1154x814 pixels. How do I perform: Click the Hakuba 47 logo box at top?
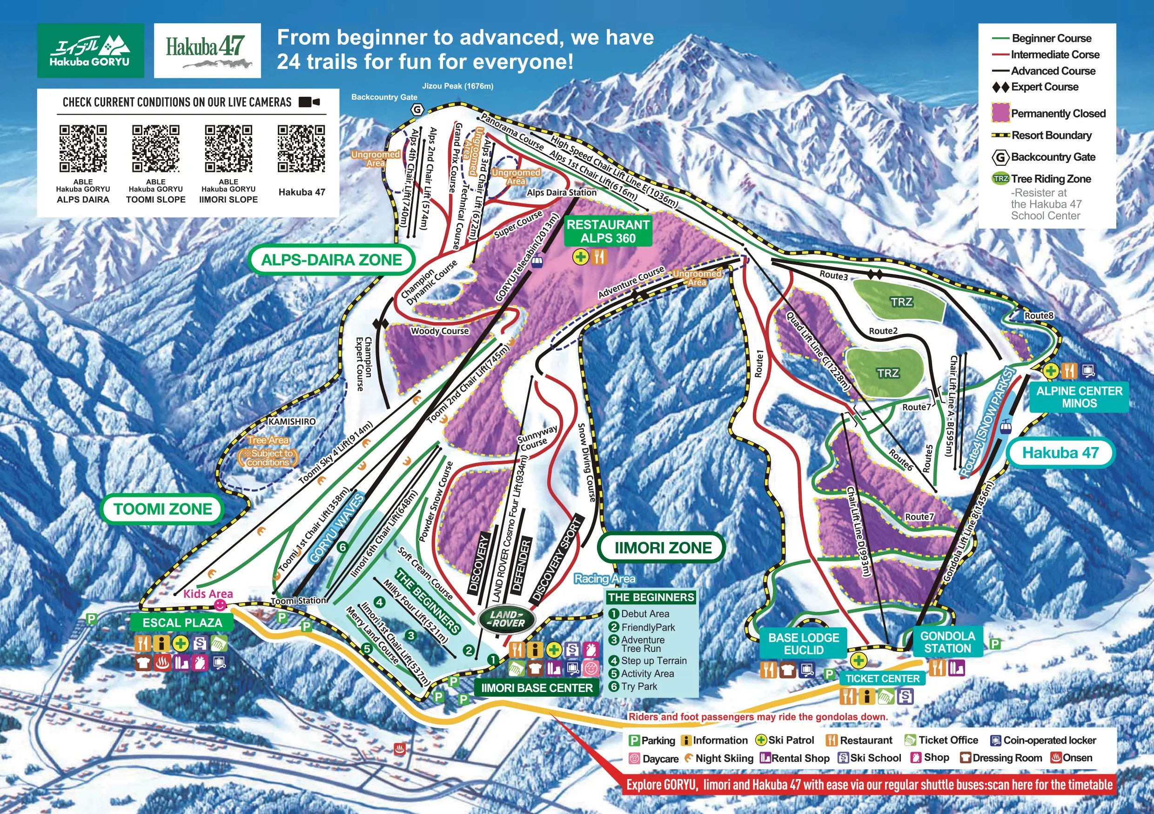[x=207, y=50]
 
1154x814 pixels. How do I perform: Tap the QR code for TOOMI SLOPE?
[x=155, y=149]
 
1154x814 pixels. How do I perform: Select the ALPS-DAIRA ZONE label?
[x=331, y=260]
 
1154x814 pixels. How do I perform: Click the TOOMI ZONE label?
[x=162, y=509]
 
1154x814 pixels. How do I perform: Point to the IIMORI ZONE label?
[x=663, y=547]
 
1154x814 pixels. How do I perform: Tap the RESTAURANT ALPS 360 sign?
[x=608, y=231]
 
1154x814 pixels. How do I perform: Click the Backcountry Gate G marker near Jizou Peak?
[x=417, y=110]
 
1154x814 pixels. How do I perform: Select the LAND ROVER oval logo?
[x=507, y=619]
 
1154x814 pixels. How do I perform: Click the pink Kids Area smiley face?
[x=220, y=605]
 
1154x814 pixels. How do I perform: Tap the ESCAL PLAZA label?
[x=182, y=622]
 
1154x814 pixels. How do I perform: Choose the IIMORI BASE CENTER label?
[x=537, y=688]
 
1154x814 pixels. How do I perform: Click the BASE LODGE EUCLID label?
[x=803, y=644]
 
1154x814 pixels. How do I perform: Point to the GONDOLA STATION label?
[x=947, y=642]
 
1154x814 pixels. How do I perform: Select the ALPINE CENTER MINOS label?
[x=1079, y=397]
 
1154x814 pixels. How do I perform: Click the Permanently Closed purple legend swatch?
[x=1000, y=113]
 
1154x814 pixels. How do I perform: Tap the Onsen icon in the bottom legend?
[x=1055, y=758]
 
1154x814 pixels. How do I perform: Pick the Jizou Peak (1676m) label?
[x=457, y=86]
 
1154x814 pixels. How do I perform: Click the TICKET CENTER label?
[x=882, y=678]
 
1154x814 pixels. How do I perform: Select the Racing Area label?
[x=604, y=578]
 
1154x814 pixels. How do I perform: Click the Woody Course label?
[x=440, y=331]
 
